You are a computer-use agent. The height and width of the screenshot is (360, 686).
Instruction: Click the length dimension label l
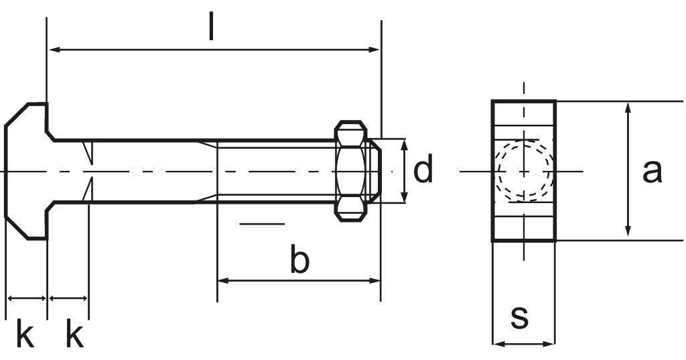(x=212, y=27)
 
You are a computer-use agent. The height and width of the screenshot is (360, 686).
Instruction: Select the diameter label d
(x=423, y=170)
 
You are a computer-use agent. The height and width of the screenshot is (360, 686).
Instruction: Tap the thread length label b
(x=299, y=261)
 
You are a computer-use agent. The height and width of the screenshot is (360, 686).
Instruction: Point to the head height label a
(x=652, y=171)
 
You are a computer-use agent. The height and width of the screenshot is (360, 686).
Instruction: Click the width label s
(x=519, y=316)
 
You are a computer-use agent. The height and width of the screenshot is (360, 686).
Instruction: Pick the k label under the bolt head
(x=25, y=335)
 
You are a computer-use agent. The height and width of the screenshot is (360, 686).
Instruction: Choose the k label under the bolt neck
(x=74, y=335)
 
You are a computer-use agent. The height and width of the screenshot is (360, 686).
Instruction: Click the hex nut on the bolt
(x=352, y=171)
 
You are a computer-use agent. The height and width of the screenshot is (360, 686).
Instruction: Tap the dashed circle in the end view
(x=524, y=171)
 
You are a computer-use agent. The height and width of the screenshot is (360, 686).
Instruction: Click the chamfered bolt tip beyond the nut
(x=376, y=171)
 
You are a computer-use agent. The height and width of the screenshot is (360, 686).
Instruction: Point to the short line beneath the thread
(x=261, y=223)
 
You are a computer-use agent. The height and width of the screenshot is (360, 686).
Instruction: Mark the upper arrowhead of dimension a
(x=628, y=107)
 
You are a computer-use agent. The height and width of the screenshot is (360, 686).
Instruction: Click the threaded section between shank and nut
(x=275, y=171)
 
